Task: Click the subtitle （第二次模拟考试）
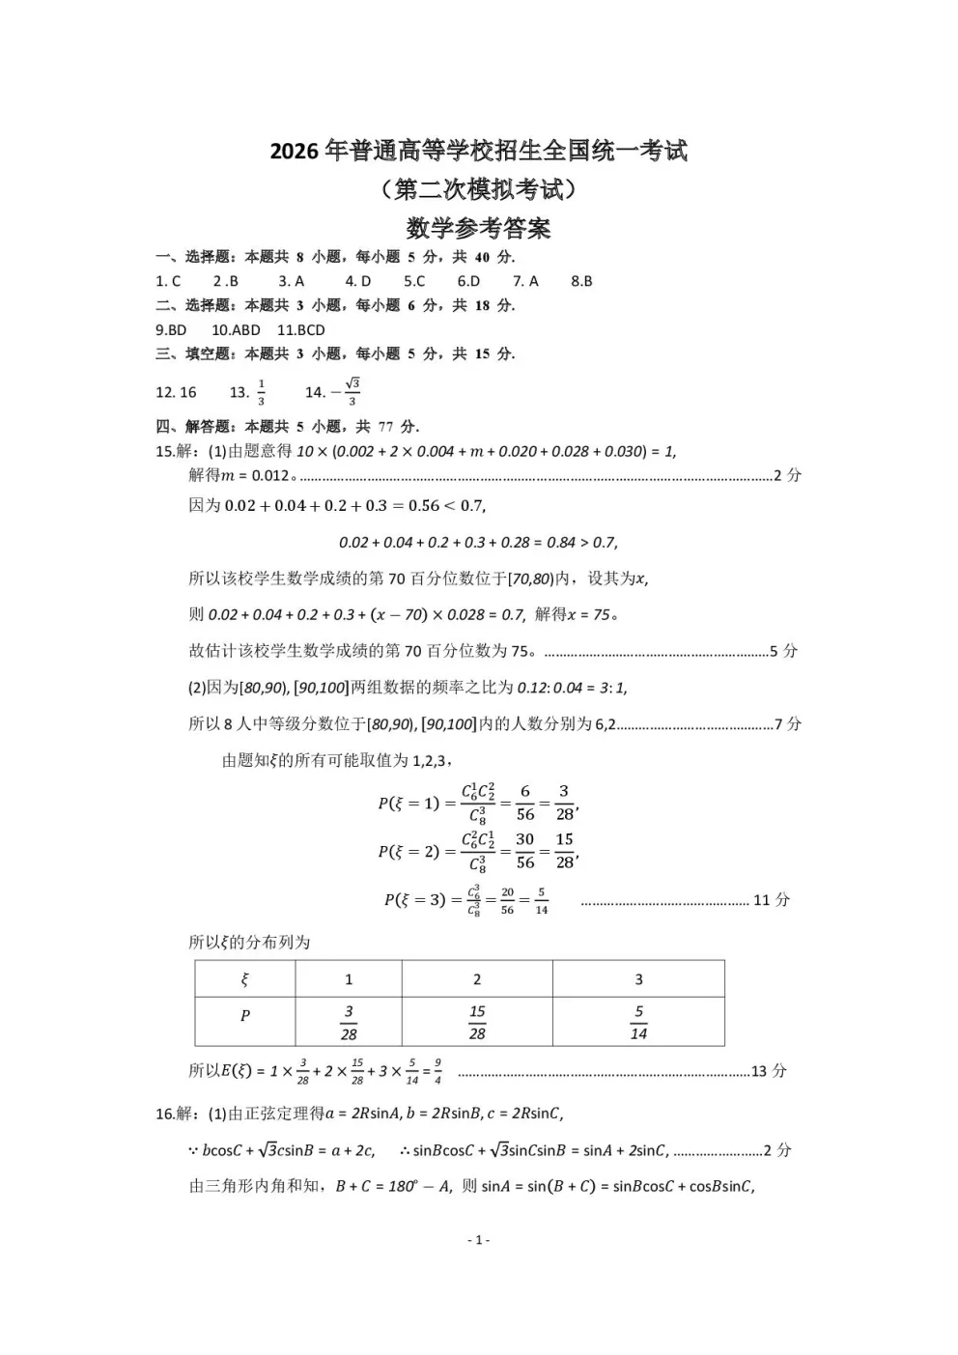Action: (x=478, y=189)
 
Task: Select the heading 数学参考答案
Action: (x=478, y=228)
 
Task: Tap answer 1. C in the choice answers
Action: (x=168, y=281)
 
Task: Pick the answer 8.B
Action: (x=581, y=281)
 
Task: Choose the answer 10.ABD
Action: (x=236, y=329)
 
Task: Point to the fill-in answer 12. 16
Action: (x=176, y=392)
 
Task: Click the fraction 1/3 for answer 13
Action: (x=261, y=392)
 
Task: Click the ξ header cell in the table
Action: (x=245, y=979)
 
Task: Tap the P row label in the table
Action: (x=245, y=1016)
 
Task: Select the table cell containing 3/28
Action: (x=349, y=1022)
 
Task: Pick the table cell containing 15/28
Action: (x=477, y=1022)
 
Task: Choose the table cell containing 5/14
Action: (x=638, y=1022)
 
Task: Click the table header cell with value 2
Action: (x=477, y=979)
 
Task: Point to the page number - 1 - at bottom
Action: (x=478, y=1239)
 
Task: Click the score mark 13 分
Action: (x=769, y=1071)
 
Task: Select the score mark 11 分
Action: (x=771, y=900)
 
